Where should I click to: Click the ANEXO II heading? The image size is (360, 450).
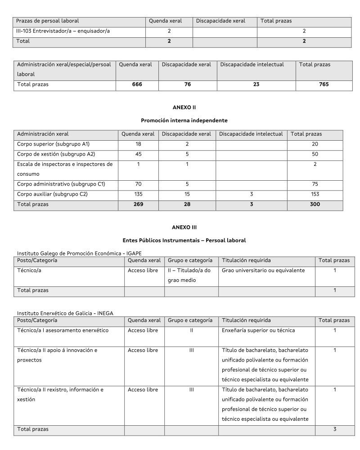coord(184,107)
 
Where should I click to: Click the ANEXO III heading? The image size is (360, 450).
coord(184,227)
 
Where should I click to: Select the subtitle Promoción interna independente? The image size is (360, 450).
coord(184,120)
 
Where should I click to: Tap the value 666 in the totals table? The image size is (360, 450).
coord(137,84)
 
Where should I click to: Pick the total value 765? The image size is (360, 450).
coord(324,84)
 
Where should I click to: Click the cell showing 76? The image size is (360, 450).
coord(188,84)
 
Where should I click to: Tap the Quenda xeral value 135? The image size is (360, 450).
coord(138,194)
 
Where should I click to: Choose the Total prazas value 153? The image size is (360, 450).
coord(315,194)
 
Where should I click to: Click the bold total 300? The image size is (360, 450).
coord(315,204)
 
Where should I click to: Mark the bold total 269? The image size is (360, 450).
coord(138,204)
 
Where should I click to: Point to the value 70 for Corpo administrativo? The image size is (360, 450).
coord(138,183)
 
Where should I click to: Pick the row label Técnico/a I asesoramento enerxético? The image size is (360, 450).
coord(63,330)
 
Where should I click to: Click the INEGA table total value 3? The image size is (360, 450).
coord(335,429)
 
